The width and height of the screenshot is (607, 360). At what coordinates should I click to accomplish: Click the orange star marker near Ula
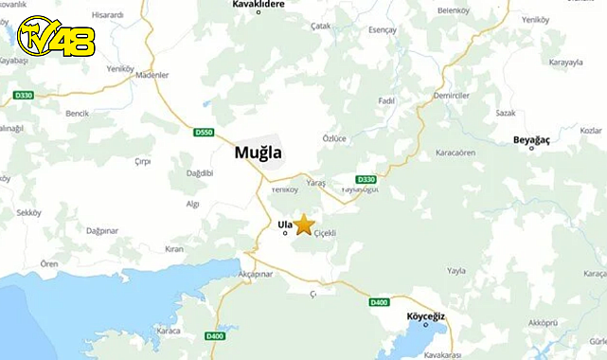(303, 225)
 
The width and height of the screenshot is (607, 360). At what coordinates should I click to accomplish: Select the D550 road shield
(205, 131)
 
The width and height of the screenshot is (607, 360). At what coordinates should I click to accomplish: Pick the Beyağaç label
(532, 140)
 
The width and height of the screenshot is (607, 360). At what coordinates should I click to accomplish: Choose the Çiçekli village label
(325, 233)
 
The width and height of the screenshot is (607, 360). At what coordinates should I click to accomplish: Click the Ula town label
(284, 225)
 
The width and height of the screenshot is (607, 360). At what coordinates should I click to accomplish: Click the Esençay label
(383, 30)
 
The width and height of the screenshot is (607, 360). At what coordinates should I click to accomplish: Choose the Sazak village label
(506, 113)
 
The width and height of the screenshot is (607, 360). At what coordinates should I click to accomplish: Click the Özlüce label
(334, 138)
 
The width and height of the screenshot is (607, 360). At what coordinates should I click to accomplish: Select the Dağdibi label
(200, 172)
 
